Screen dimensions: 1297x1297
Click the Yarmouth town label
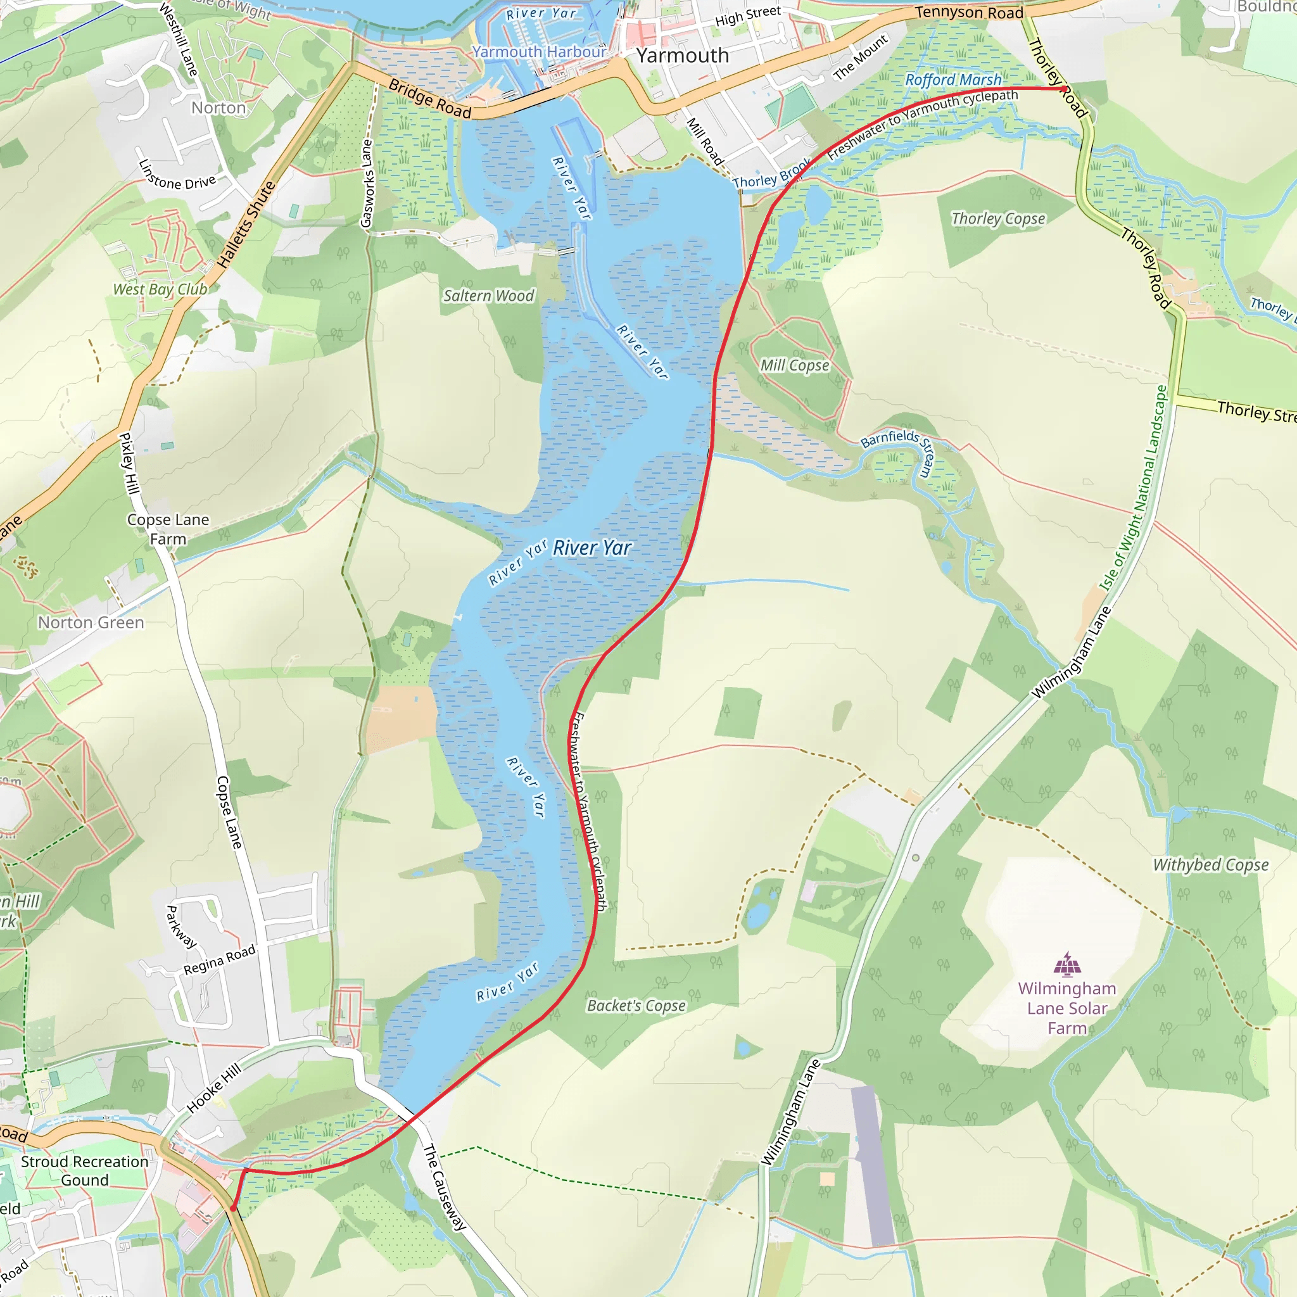tap(682, 56)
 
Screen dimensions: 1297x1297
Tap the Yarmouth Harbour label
tap(539, 52)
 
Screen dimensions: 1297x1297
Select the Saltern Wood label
tap(489, 295)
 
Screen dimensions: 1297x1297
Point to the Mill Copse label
tap(795, 365)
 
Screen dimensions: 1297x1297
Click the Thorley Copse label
tap(998, 219)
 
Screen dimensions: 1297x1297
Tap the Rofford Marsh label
tap(952, 80)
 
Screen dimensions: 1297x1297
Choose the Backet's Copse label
tap(636, 1006)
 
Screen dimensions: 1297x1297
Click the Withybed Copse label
tap(1211, 864)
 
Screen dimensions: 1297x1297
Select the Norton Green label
tap(91, 623)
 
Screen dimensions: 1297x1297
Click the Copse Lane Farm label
tap(168, 529)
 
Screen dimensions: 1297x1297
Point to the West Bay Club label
tap(160, 289)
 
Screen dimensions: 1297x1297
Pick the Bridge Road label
tap(429, 99)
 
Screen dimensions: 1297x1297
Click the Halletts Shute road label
tap(246, 224)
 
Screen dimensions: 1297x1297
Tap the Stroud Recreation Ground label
tap(85, 1171)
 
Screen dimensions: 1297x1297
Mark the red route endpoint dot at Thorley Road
tap(1065, 89)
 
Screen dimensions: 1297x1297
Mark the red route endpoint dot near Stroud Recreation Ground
tap(233, 1208)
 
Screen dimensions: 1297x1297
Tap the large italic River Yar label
tap(592, 548)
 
